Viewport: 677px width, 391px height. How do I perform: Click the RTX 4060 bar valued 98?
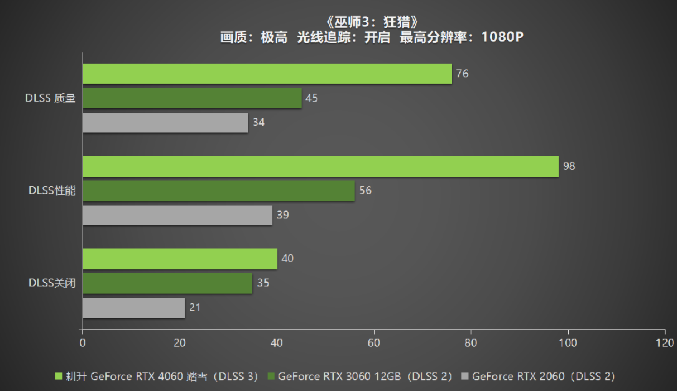320,166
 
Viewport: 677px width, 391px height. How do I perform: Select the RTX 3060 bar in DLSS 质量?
192,98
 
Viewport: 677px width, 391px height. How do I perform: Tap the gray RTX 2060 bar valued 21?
133,308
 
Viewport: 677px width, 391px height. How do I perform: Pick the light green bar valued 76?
267,74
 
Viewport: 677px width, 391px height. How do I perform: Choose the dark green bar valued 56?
219,190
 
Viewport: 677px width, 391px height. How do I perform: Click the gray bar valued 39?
177,215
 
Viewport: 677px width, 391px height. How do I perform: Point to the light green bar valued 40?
180,259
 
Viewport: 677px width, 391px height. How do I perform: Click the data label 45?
312,98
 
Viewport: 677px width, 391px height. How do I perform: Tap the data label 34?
259,122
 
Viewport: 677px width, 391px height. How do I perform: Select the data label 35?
263,283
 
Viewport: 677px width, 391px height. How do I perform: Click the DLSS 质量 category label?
50,98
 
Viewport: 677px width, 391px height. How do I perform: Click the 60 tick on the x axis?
374,343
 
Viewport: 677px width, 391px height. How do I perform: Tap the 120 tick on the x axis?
665,343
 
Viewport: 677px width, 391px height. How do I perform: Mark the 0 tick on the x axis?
83,343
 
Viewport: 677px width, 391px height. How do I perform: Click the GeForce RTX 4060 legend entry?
155,375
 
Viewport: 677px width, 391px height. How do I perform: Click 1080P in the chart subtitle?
502,37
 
